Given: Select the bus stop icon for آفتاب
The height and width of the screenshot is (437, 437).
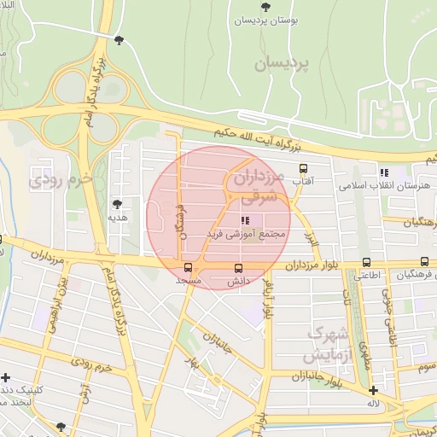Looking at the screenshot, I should (x=303, y=168).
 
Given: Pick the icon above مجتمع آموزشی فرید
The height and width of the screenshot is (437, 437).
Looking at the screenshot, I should (x=235, y=219).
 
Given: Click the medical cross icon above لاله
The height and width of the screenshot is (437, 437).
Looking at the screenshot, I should (x=373, y=389).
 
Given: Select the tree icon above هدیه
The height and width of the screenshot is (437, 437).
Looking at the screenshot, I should (x=117, y=203).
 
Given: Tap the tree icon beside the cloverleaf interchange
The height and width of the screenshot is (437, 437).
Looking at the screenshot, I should (x=118, y=40).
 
